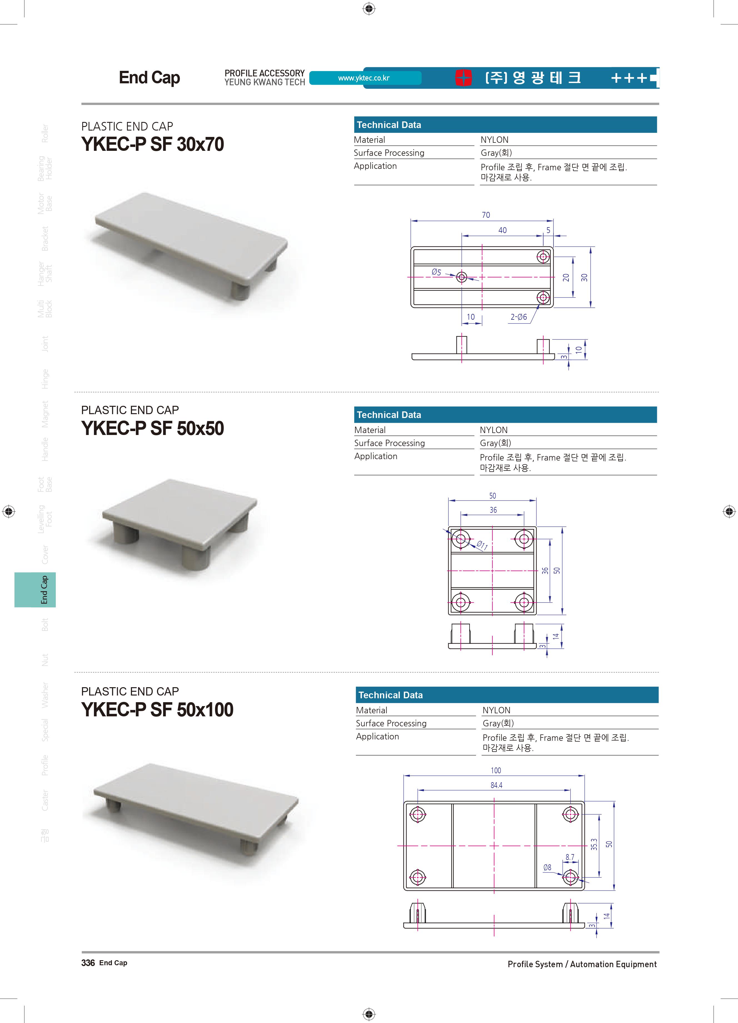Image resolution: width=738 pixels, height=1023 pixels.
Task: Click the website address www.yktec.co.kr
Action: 364,78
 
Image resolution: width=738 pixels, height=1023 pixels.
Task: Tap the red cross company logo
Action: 463,77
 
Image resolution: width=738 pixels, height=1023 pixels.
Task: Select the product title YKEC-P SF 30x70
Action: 153,144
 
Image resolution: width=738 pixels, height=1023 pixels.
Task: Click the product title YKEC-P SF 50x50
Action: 153,429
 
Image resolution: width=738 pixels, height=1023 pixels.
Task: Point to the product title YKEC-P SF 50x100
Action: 157,709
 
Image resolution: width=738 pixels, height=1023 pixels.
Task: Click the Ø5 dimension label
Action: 436,272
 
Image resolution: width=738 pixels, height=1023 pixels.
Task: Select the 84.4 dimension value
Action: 496,785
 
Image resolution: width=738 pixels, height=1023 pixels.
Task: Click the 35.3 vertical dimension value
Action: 594,844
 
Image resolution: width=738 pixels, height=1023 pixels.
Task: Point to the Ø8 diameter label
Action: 547,867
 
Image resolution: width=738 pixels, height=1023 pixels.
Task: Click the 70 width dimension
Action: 486,215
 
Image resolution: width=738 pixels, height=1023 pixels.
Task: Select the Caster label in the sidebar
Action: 45,800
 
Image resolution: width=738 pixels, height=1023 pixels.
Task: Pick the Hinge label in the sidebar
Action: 45,379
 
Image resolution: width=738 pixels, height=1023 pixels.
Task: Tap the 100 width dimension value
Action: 496,771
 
